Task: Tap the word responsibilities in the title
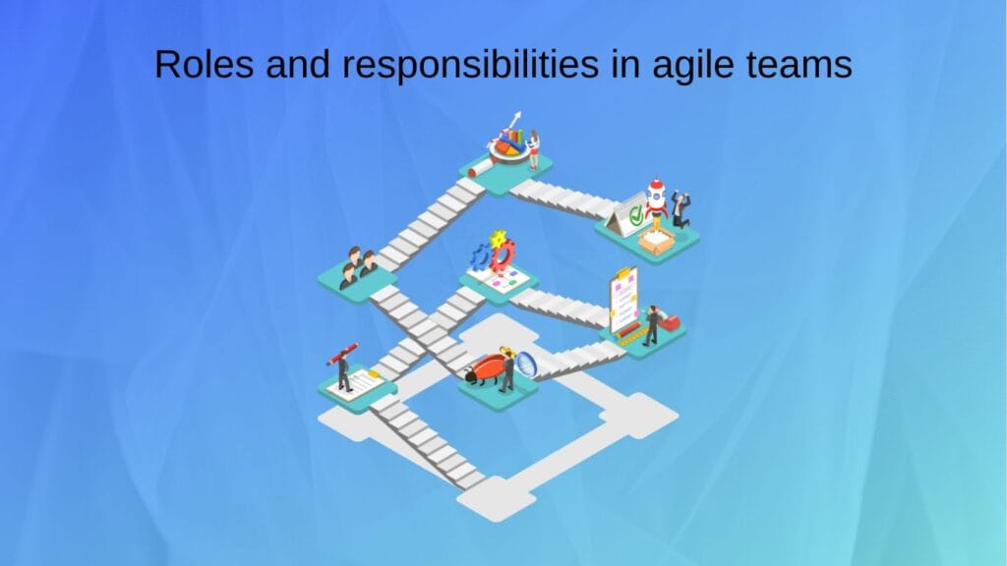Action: point(454,65)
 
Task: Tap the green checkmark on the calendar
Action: point(635,210)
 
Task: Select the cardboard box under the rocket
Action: point(655,239)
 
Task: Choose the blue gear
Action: point(480,258)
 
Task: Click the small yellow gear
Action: point(499,237)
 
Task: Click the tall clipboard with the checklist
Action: point(622,299)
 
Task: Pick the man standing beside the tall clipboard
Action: point(650,325)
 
